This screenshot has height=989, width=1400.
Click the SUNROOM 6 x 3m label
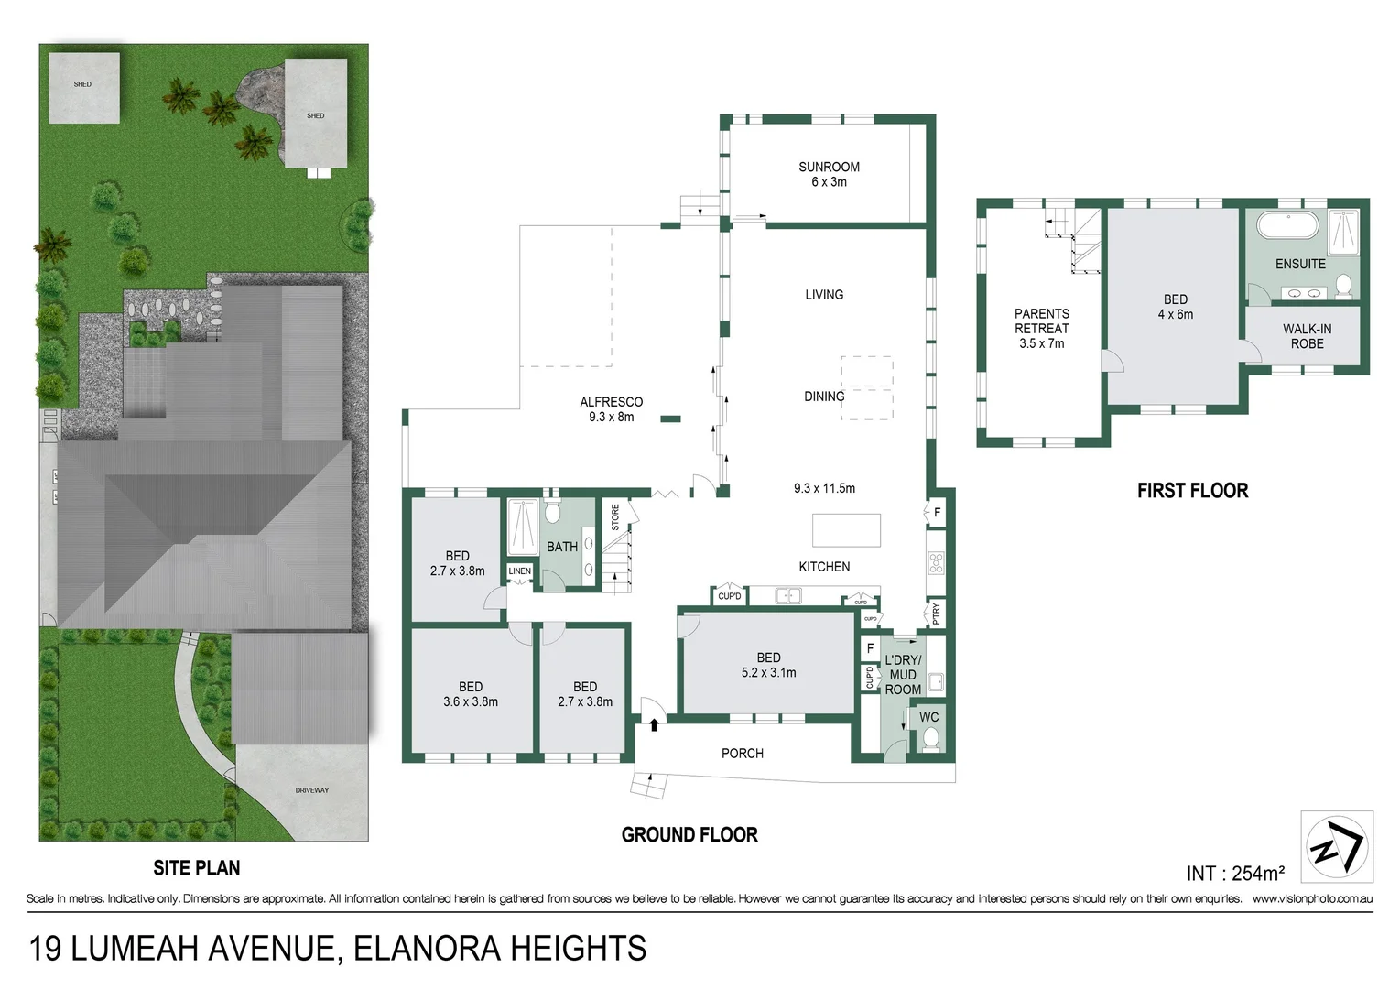[x=829, y=174]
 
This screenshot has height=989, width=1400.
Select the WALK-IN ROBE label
[x=1307, y=336]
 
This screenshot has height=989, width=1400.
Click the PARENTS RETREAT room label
[x=1041, y=328]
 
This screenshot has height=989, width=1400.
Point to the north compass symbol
[x=1337, y=847]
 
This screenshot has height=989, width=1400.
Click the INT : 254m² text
[x=1235, y=873]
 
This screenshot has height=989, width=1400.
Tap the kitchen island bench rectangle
[x=846, y=530]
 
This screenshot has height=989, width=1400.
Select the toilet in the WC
[x=930, y=739]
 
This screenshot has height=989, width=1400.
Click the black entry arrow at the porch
[x=654, y=725]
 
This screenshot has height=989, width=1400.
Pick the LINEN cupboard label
[x=519, y=571]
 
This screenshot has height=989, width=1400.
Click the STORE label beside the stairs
[x=615, y=517]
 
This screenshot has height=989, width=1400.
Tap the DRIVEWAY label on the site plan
[x=311, y=790]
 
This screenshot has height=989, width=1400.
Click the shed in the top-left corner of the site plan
[x=83, y=88]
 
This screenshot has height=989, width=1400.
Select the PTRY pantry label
[x=936, y=613]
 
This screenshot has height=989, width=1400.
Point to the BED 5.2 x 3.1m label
[x=768, y=665]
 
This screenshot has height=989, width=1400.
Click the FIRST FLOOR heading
[x=1192, y=491]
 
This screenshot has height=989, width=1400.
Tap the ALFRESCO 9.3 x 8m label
[x=611, y=409]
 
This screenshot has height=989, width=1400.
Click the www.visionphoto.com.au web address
[x=1312, y=899]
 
